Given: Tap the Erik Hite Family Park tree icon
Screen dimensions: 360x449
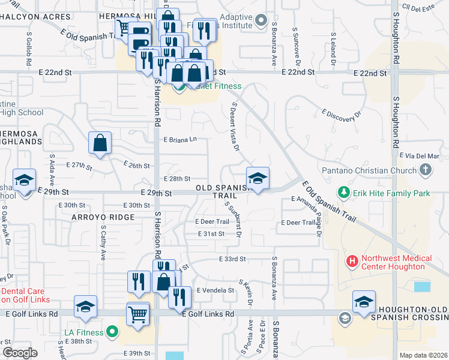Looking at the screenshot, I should click(x=344, y=193).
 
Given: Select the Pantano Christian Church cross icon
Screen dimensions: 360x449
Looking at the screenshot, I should click(x=425, y=170).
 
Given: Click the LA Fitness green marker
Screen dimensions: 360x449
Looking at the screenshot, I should click(x=112, y=331).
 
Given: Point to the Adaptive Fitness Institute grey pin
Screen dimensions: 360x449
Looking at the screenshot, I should click(x=260, y=22).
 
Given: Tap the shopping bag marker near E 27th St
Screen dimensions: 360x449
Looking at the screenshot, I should click(x=100, y=143).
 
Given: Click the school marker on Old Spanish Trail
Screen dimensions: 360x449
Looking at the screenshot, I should click(x=258, y=178).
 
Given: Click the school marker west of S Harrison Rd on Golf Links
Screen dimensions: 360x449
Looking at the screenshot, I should click(x=86, y=306).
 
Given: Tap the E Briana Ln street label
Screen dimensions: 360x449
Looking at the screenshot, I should click(x=180, y=139).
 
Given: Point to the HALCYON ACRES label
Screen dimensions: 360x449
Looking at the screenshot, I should click(x=34, y=17).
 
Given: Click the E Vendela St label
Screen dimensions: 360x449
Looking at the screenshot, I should click(x=214, y=290).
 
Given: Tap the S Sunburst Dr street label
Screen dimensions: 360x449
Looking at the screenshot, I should click(x=233, y=219).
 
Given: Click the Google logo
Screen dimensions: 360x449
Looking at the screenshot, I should click(x=19, y=353).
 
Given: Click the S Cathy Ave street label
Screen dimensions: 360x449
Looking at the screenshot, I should click(x=103, y=242).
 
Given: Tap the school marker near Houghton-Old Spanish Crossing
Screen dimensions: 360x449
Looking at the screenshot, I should click(x=364, y=302).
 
